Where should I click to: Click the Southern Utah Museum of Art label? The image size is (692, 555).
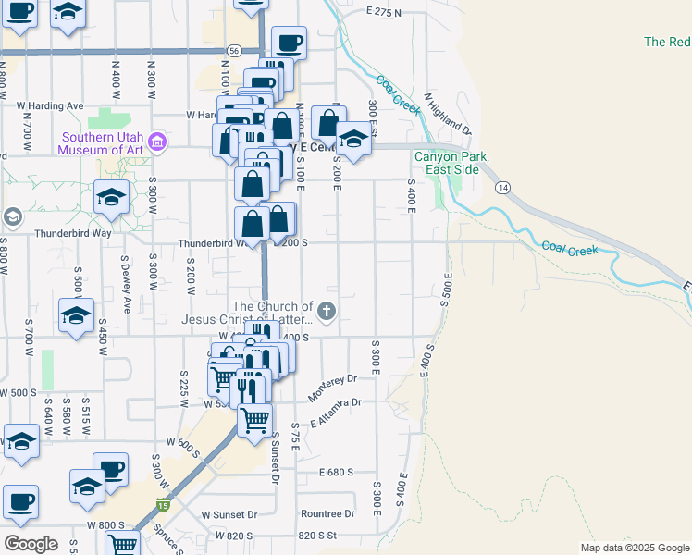(x=101, y=144)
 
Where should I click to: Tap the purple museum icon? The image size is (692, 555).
(x=157, y=144)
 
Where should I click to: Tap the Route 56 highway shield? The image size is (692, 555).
(x=235, y=51)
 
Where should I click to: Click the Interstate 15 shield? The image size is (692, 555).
(x=163, y=504)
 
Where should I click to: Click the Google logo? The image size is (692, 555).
(x=30, y=544)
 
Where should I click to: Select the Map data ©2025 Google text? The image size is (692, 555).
(x=634, y=548)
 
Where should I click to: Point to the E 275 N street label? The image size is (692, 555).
(x=384, y=13)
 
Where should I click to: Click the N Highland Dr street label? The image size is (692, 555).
(x=447, y=114)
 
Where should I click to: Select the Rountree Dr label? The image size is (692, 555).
(x=327, y=513)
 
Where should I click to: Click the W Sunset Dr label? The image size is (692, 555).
(x=229, y=514)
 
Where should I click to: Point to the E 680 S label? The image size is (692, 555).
(x=336, y=472)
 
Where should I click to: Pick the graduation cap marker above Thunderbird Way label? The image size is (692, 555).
(x=110, y=197)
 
